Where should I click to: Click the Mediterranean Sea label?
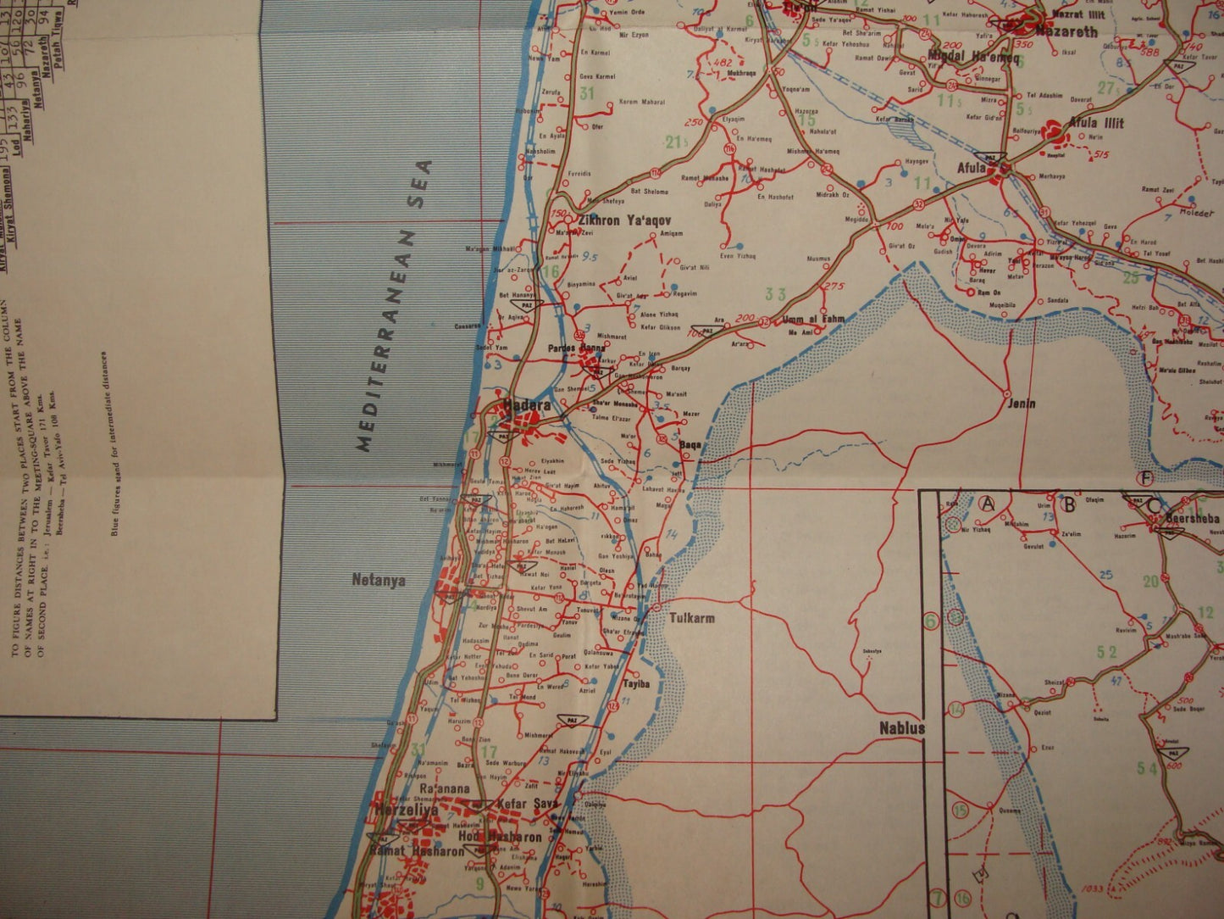click(x=393, y=305)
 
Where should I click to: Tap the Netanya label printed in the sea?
click(x=379, y=581)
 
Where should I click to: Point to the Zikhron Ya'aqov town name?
click(x=618, y=219)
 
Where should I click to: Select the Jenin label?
click(x=1021, y=403)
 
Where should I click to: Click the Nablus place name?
click(x=902, y=727)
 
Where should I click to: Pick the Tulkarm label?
click(x=691, y=618)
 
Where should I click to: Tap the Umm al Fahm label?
click(x=814, y=319)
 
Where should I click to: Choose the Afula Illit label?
click(x=1095, y=124)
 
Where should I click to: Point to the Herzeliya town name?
click(x=407, y=810)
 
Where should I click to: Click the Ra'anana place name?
click(x=444, y=788)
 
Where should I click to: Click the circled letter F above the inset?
click(x=1146, y=479)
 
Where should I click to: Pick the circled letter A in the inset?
click(x=986, y=503)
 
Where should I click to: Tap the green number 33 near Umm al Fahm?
click(x=775, y=294)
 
